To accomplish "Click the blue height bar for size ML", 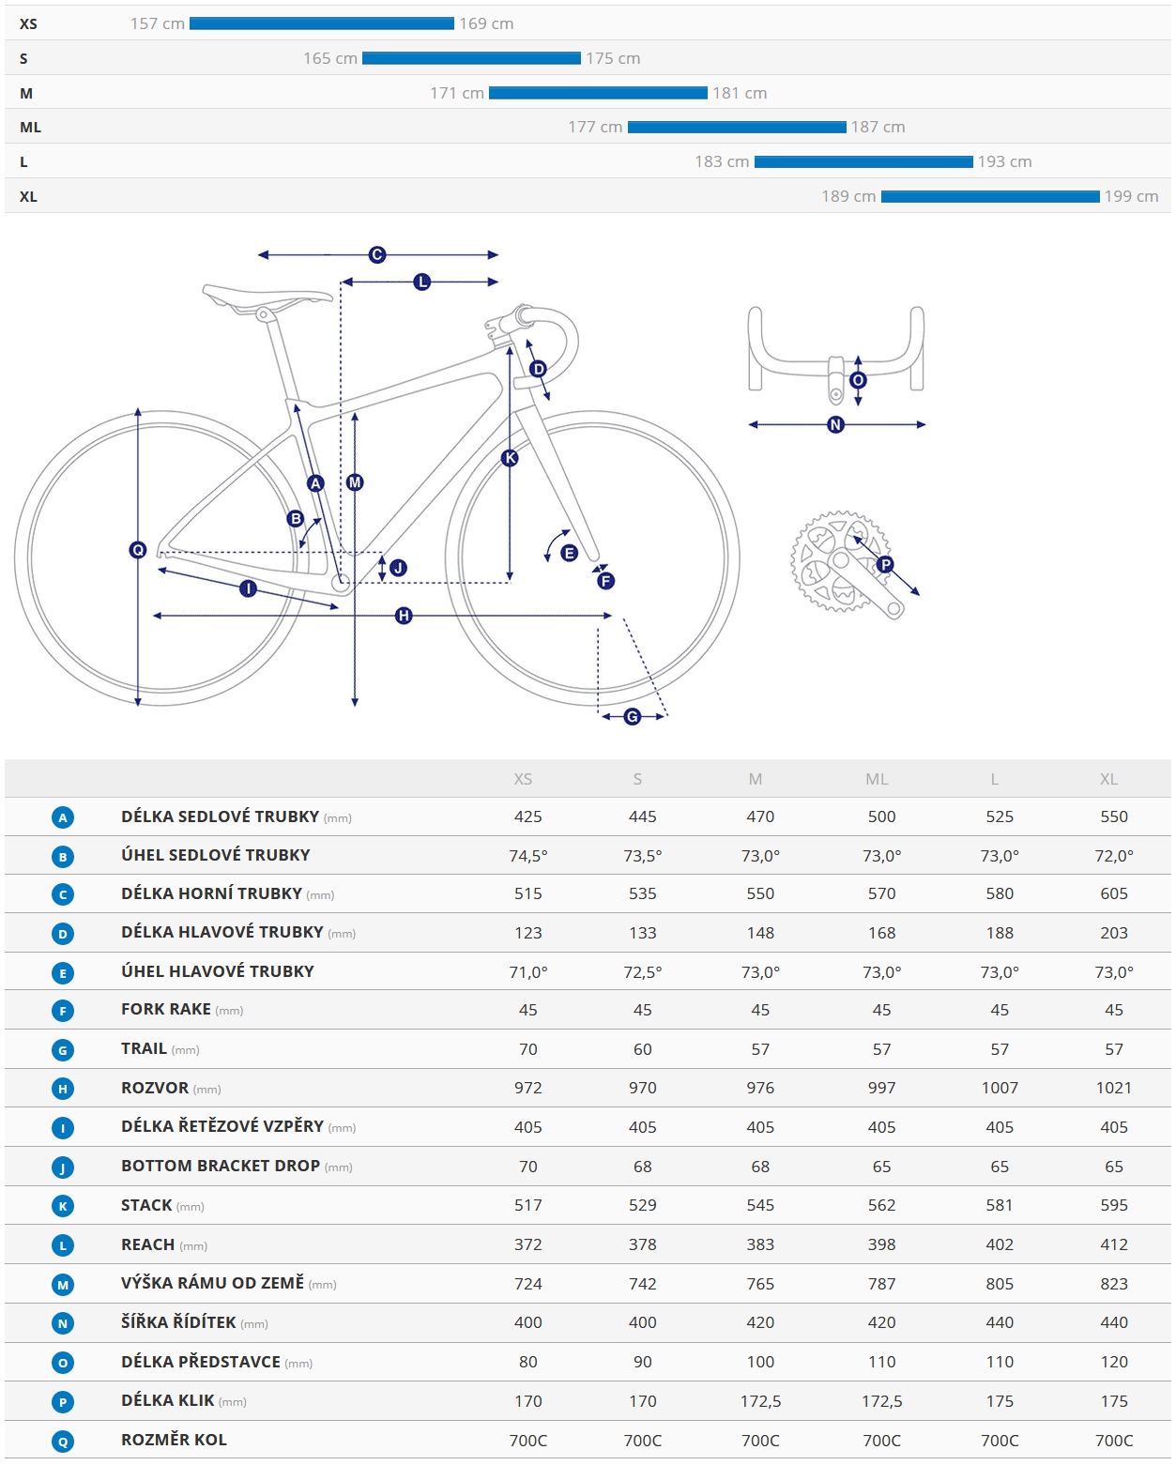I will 737,127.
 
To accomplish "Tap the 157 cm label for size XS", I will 158,23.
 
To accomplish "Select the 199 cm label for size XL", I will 1131,196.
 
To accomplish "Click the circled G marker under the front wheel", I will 633,717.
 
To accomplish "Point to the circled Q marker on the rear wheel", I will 138,550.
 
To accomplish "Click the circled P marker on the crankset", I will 885,564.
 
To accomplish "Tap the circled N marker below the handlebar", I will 835,425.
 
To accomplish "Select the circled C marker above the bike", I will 377,254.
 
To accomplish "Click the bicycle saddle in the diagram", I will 267,296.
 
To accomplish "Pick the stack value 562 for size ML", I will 881,1205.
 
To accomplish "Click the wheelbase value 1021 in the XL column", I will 1113,1088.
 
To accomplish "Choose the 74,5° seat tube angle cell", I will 528,856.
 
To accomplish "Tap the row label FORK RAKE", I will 166,1009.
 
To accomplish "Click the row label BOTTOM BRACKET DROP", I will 221,1166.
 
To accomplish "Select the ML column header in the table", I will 877,779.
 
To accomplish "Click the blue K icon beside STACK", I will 63,1206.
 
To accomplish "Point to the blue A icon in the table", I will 63,817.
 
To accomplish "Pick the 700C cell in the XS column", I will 528,1441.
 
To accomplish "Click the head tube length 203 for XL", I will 1113,933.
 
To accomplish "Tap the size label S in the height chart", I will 23,58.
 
